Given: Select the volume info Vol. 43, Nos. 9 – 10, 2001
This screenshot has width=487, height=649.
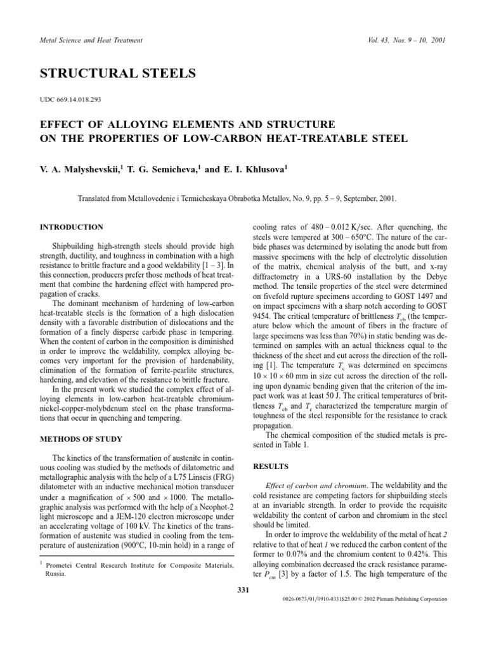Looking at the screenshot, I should [406, 40].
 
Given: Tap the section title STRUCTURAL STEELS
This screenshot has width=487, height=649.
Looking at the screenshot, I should [118, 74].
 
